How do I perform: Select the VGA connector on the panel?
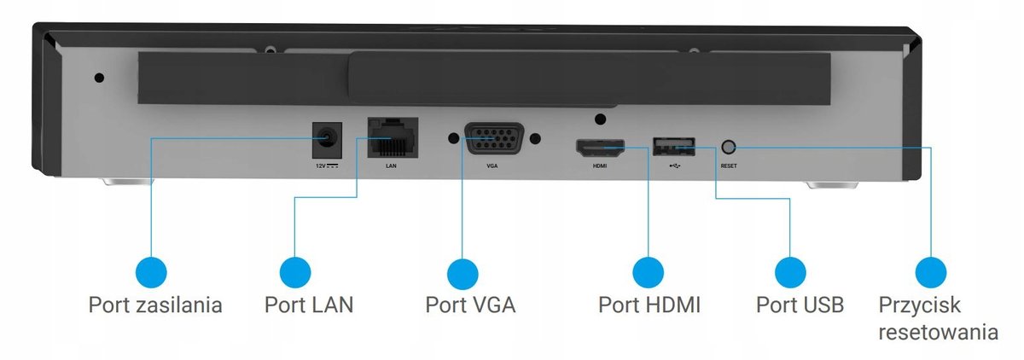493,137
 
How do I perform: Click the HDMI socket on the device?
600,148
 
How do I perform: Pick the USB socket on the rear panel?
673,146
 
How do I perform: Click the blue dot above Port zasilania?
151,272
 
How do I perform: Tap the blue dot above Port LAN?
294,272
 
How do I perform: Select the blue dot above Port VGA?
462,272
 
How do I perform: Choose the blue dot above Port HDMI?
648,272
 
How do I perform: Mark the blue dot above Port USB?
790,272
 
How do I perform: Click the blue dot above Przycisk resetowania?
930,272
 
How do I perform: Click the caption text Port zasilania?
155,305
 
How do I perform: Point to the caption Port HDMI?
649,305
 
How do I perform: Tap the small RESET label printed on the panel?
729,165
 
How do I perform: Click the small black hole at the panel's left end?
99,78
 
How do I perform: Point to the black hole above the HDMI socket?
600,119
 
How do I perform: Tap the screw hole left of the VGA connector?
452,137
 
